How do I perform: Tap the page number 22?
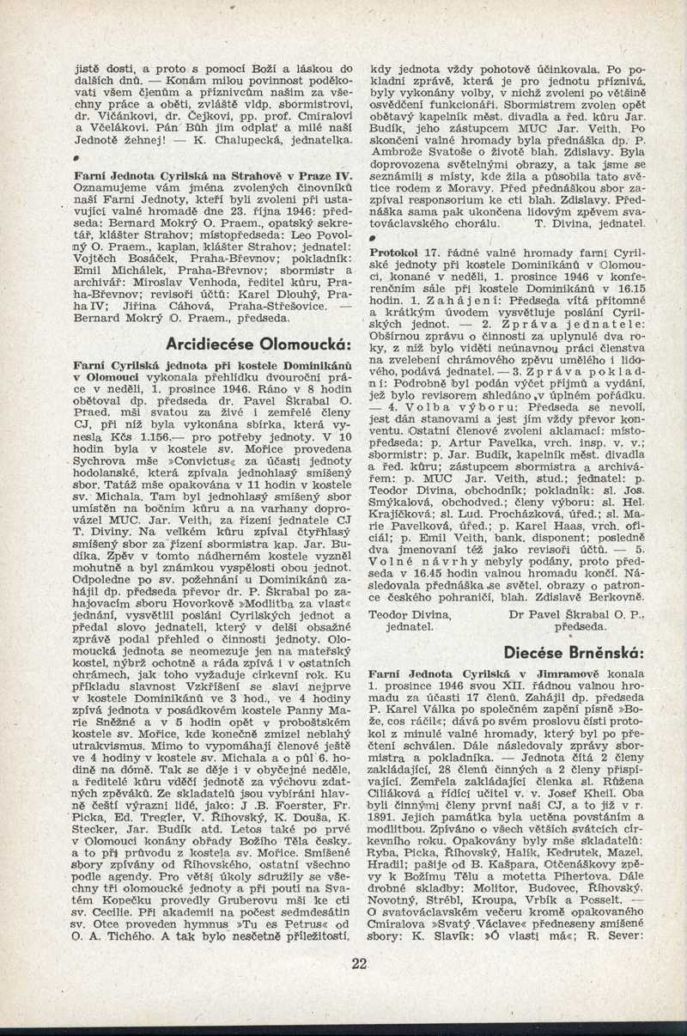point(359,963)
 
